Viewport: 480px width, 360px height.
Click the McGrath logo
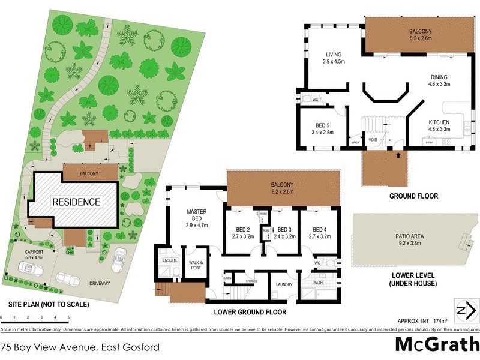(x=436, y=344)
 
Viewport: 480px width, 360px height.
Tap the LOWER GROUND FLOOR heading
(x=250, y=313)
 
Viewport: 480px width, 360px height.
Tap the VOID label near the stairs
(x=373, y=140)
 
